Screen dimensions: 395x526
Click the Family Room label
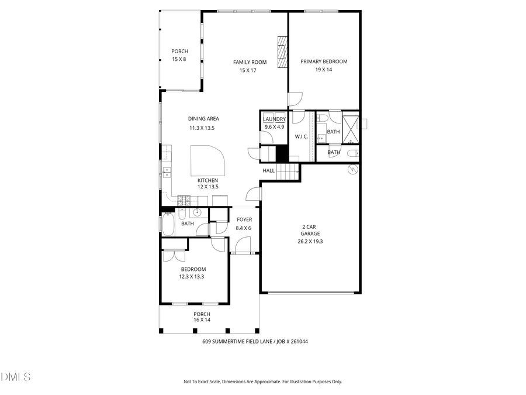click(x=250, y=62)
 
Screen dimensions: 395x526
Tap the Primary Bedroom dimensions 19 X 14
click(x=324, y=70)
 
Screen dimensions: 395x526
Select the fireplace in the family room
click(x=283, y=53)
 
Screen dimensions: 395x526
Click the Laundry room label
click(x=274, y=119)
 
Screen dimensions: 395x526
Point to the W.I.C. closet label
click(x=302, y=136)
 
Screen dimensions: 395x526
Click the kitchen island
click(x=206, y=160)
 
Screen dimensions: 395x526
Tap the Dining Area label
click(x=203, y=119)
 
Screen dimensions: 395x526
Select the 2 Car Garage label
click(x=310, y=230)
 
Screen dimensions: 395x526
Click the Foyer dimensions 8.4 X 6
click(x=244, y=228)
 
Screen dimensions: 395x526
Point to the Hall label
click(x=268, y=170)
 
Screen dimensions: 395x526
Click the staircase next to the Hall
click(x=287, y=171)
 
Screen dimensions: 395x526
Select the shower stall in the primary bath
click(x=350, y=130)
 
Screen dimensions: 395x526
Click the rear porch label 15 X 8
click(x=179, y=60)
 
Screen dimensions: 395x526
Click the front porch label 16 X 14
click(x=202, y=320)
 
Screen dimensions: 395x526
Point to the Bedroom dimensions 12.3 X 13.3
click(x=192, y=277)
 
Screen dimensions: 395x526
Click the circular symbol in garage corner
click(x=352, y=170)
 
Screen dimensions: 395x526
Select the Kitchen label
click(x=207, y=180)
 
